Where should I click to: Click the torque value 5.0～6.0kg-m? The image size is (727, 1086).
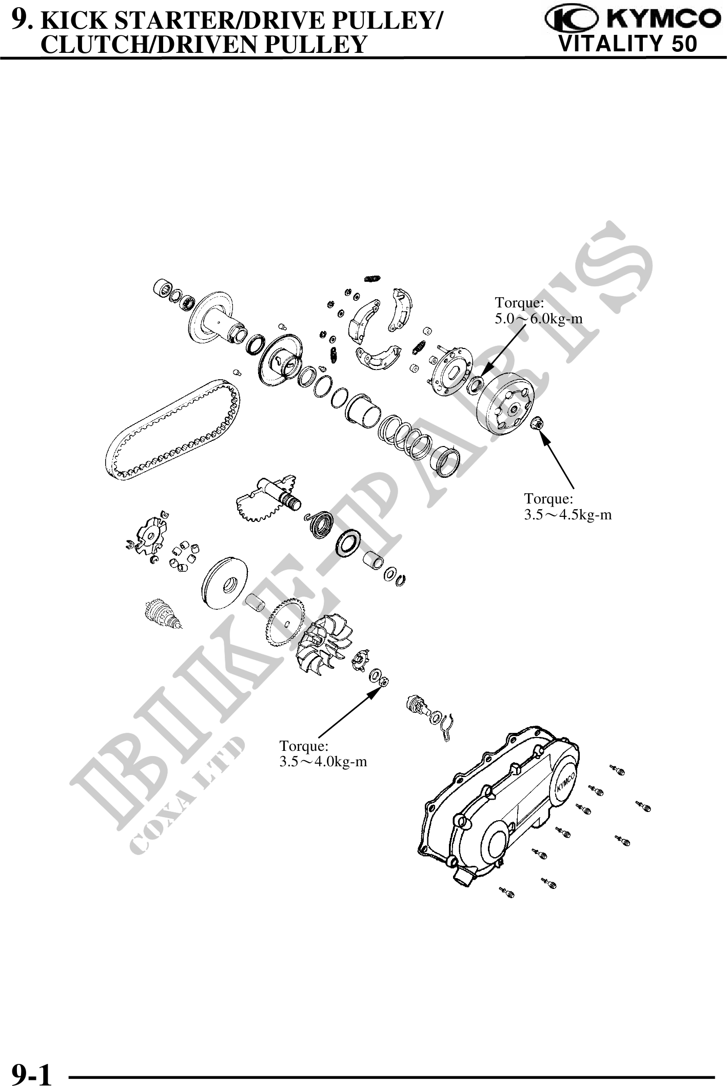[538, 319]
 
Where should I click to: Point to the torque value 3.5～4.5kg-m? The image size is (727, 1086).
[567, 514]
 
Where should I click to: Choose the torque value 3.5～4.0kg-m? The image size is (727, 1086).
[323, 761]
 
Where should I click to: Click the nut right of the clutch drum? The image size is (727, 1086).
[538, 423]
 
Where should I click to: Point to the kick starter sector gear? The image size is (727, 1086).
[262, 500]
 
